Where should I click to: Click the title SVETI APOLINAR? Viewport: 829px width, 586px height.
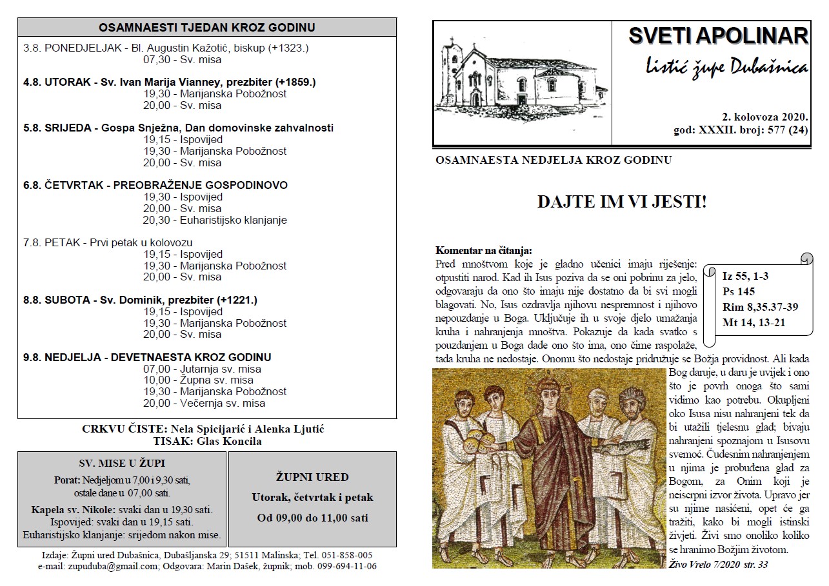click(x=718, y=36)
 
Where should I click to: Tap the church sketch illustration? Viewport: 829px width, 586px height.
click(x=521, y=81)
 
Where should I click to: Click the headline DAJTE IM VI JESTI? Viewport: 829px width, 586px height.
click(x=622, y=202)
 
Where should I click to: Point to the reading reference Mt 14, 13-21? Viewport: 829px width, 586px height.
click(x=754, y=322)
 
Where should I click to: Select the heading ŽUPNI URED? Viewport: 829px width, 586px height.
click(x=312, y=478)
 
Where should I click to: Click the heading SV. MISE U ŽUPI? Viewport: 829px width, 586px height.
click(x=122, y=463)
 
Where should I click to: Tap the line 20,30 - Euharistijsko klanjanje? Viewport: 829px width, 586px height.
click(x=215, y=220)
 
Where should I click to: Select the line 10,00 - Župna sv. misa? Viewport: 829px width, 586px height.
click(x=198, y=380)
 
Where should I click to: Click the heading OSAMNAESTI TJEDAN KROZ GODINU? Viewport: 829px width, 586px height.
click(x=206, y=28)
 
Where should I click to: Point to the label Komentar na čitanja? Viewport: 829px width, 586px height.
click(x=483, y=250)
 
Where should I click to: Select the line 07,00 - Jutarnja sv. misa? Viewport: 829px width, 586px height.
click(x=202, y=369)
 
